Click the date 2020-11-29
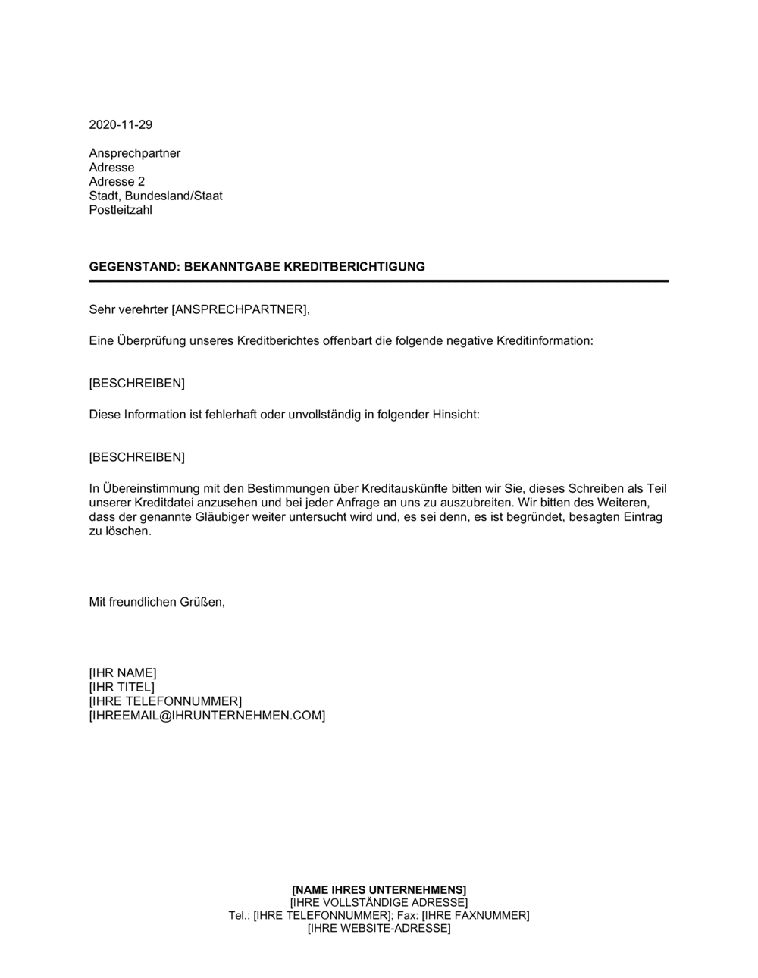pos(121,125)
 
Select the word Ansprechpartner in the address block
pos(135,153)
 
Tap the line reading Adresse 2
pos(117,182)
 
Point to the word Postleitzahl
pos(121,210)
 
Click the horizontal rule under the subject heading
pos(379,281)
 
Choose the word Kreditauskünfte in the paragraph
pos(404,488)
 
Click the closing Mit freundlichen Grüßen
pos(157,602)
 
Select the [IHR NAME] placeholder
pos(123,672)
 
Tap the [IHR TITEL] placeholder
pos(121,687)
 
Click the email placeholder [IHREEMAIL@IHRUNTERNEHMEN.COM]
pos(207,716)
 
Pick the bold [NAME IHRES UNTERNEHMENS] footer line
pos(379,889)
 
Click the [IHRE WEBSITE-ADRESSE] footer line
pos(379,929)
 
